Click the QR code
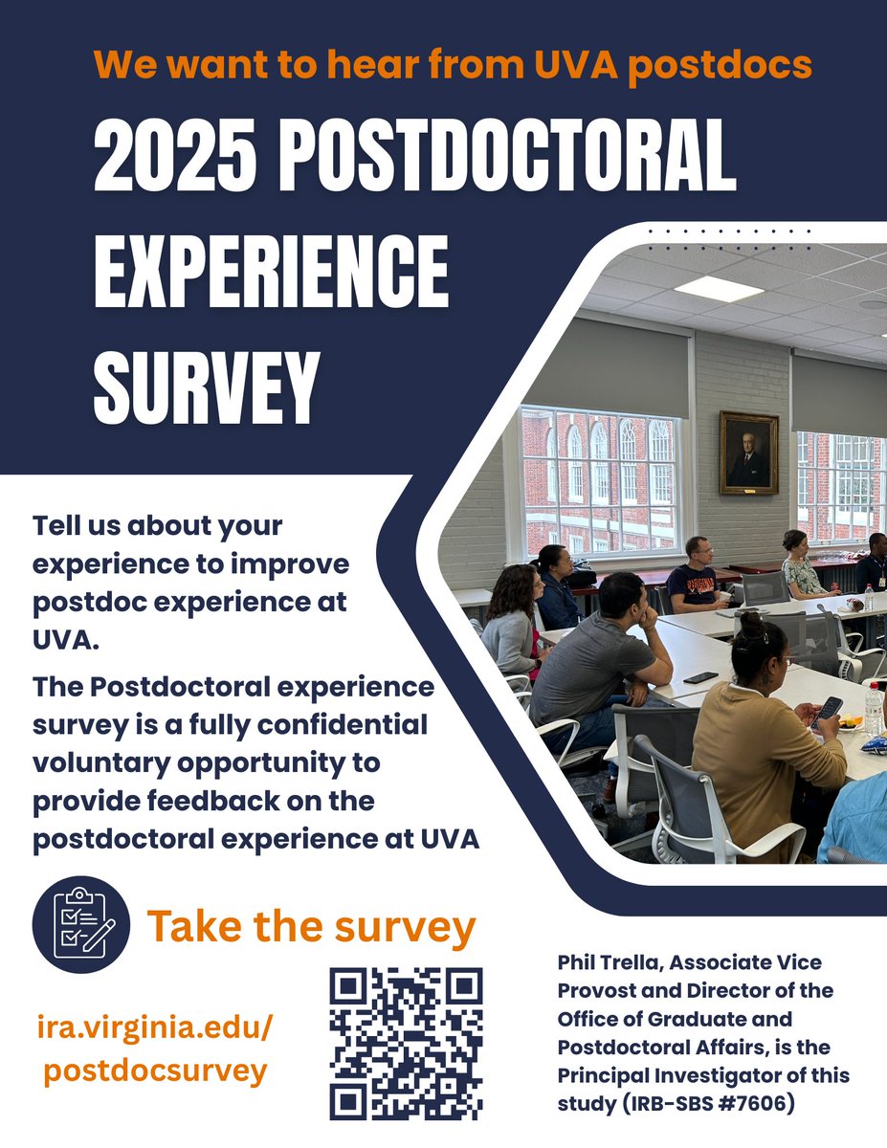click(406, 1043)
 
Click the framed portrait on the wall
click(748, 453)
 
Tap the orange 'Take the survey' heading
click(311, 926)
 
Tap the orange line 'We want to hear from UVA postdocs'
click(453, 64)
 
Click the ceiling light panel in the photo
click(719, 289)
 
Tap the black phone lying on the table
click(700, 677)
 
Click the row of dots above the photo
click(729, 239)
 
